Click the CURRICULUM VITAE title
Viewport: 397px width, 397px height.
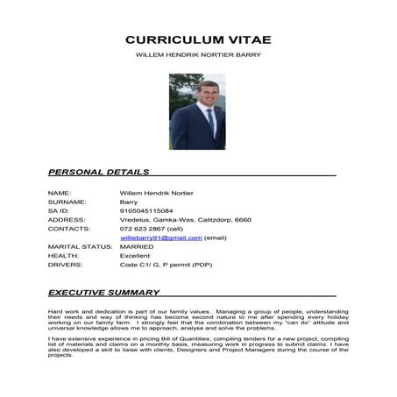[198, 39]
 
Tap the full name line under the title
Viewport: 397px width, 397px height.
[198, 54]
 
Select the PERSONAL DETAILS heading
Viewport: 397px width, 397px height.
[98, 172]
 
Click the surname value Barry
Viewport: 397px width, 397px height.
[128, 202]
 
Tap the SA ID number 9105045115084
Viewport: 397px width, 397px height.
[146, 210]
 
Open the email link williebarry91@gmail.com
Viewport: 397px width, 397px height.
[161, 237]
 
